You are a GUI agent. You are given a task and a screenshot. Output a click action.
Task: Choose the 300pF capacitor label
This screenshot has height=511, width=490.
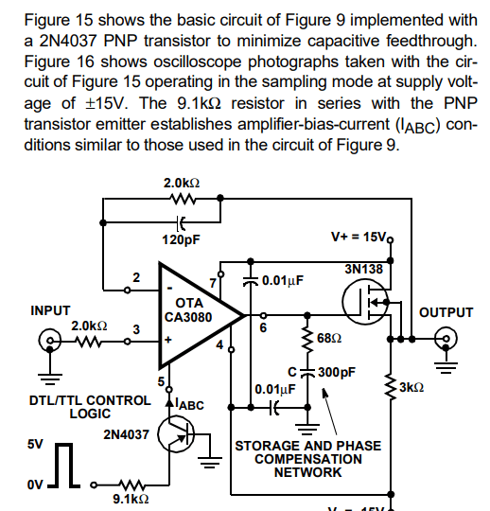(337, 372)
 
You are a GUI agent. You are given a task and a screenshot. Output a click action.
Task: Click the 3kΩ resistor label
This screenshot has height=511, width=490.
(412, 388)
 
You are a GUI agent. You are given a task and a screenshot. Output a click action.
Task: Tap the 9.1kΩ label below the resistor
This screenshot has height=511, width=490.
(131, 499)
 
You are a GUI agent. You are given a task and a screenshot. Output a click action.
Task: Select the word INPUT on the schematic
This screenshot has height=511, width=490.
(51, 310)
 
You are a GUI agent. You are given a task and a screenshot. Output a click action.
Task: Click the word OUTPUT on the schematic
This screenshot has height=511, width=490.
(446, 311)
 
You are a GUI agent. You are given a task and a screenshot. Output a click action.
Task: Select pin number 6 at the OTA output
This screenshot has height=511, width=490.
(262, 326)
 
